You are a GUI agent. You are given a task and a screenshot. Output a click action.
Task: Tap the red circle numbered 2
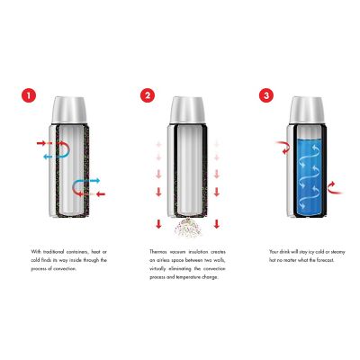(148, 94)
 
